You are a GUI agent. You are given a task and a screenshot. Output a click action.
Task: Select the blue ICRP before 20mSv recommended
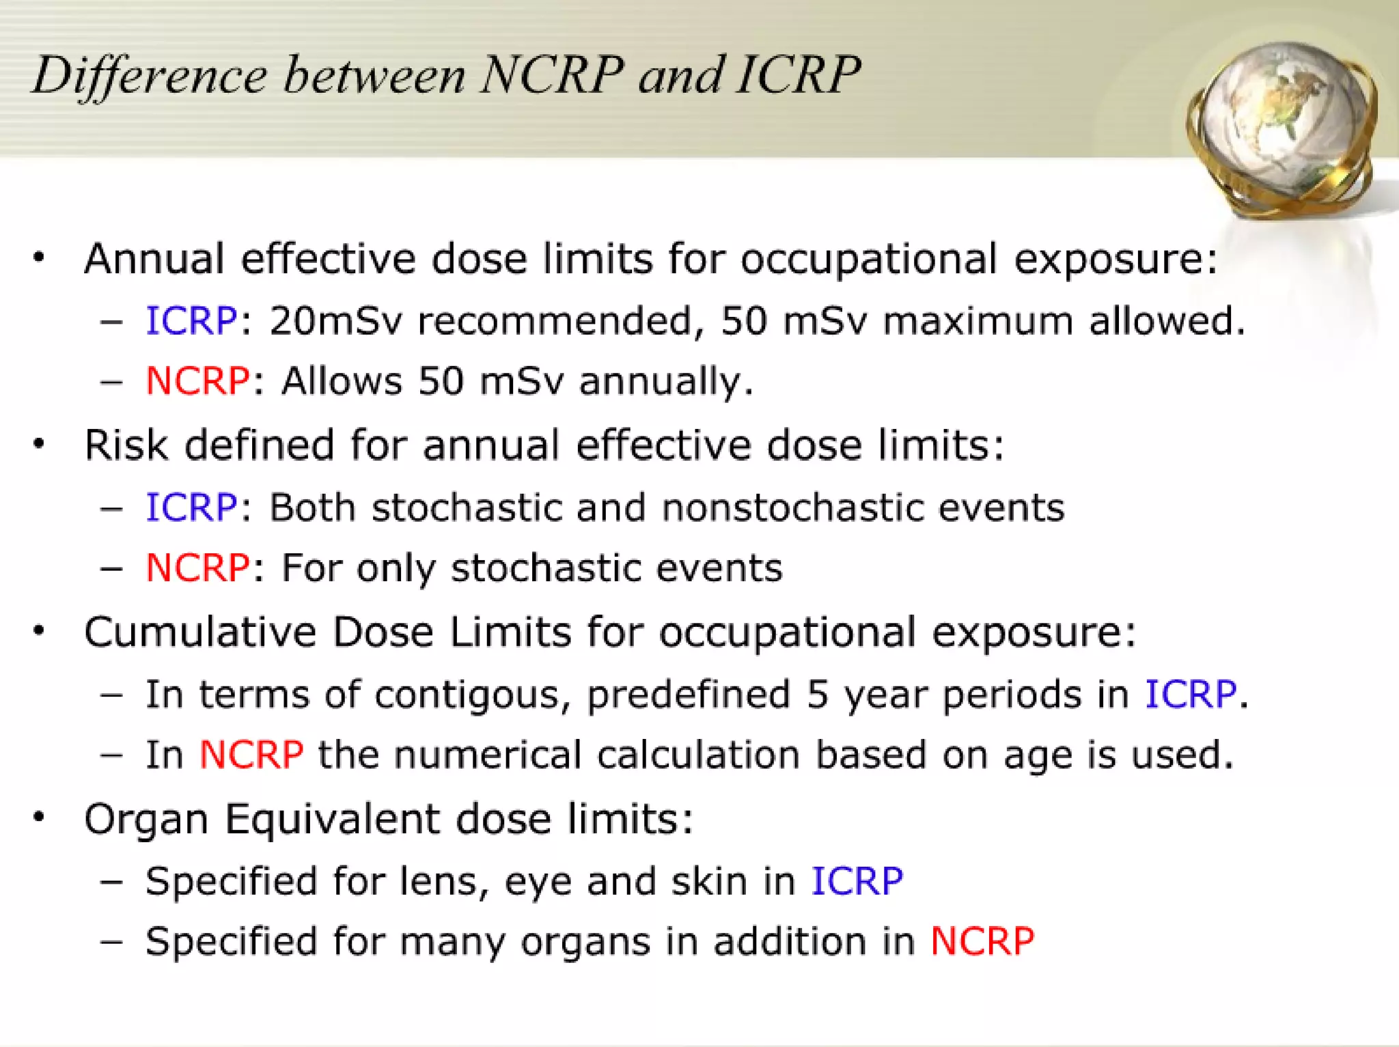[191, 320]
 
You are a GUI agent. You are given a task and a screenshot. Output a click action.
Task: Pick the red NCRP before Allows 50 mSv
[197, 380]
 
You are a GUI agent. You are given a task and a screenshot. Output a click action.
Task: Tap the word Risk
[126, 445]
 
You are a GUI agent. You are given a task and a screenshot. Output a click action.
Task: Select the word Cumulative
[200, 632]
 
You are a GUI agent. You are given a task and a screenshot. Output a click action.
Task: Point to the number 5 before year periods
[817, 694]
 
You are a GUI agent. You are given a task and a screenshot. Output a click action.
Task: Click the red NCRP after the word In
[251, 755]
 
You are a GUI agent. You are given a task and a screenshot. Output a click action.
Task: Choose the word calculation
[698, 755]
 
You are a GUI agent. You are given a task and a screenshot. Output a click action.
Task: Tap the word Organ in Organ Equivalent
[146, 819]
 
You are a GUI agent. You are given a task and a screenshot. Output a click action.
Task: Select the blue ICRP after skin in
[857, 881]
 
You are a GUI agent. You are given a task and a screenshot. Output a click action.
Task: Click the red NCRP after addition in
[982, 941]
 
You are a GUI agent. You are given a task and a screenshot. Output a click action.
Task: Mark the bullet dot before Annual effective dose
[39, 257]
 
